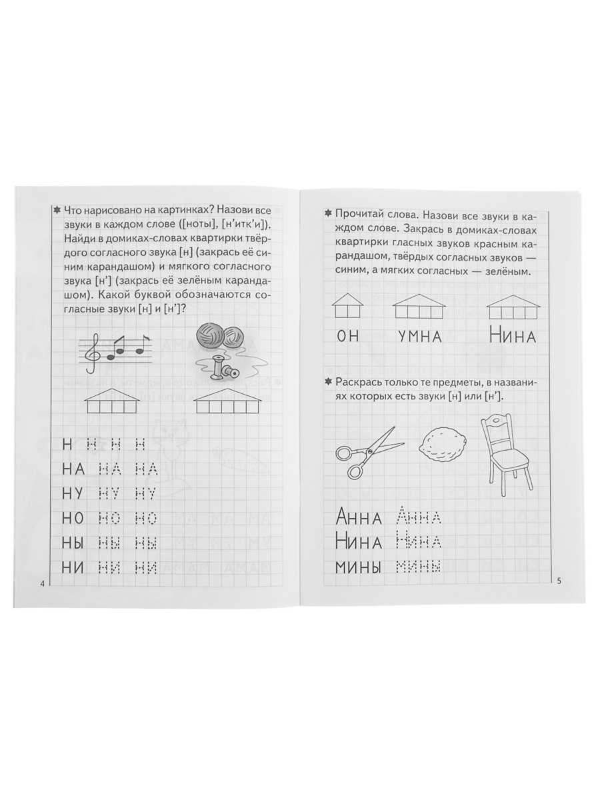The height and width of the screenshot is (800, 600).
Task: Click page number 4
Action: [x=43, y=584]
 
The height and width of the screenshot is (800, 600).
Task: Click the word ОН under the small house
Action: [x=348, y=336]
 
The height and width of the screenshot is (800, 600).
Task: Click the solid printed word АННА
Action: [x=359, y=517]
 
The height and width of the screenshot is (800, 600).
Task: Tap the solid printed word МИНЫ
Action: [x=359, y=568]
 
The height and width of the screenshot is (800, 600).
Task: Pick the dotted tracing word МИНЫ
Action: [x=419, y=568]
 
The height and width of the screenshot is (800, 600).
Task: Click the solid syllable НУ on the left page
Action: [x=73, y=493]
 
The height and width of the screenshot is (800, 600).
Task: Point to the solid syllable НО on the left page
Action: [x=73, y=518]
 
